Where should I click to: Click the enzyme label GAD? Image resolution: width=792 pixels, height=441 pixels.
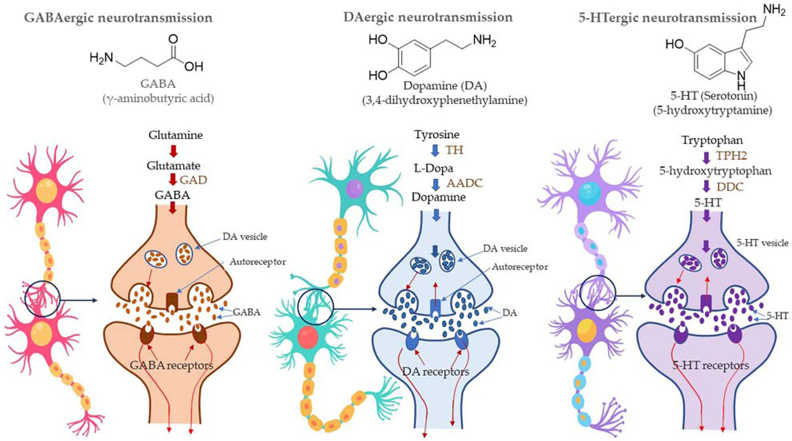pos(193,180)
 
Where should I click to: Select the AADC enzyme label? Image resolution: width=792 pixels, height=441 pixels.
pos(464,183)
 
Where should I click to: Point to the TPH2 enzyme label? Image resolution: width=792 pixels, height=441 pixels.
pos(731,156)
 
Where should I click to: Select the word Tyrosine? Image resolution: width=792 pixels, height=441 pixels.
pos(437,134)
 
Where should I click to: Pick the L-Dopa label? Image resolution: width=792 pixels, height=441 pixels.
pos(433,168)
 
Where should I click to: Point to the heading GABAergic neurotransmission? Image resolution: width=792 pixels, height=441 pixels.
pos(118,18)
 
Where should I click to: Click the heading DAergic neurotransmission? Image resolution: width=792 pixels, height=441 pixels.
pos(428,17)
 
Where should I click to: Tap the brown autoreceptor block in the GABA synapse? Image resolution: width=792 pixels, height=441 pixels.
pos(172,300)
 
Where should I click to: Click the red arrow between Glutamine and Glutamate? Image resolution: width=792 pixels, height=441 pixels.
pos(174,151)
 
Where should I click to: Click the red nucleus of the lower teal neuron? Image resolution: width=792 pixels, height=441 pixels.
pos(308,337)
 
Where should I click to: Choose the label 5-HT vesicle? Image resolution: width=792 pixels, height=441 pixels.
pos(762,243)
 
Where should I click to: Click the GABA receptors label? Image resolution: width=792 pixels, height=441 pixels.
pos(171,365)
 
